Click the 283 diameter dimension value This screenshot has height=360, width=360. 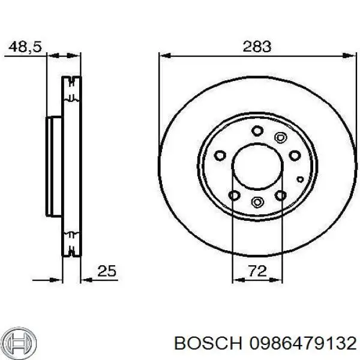click(257, 46)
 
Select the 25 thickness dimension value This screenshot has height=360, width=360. click(106, 271)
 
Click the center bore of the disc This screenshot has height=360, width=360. click(257, 165)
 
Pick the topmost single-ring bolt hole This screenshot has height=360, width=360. click(257, 130)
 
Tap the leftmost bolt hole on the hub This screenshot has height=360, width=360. click(220, 155)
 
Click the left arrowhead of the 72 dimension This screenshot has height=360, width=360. click(236, 279)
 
